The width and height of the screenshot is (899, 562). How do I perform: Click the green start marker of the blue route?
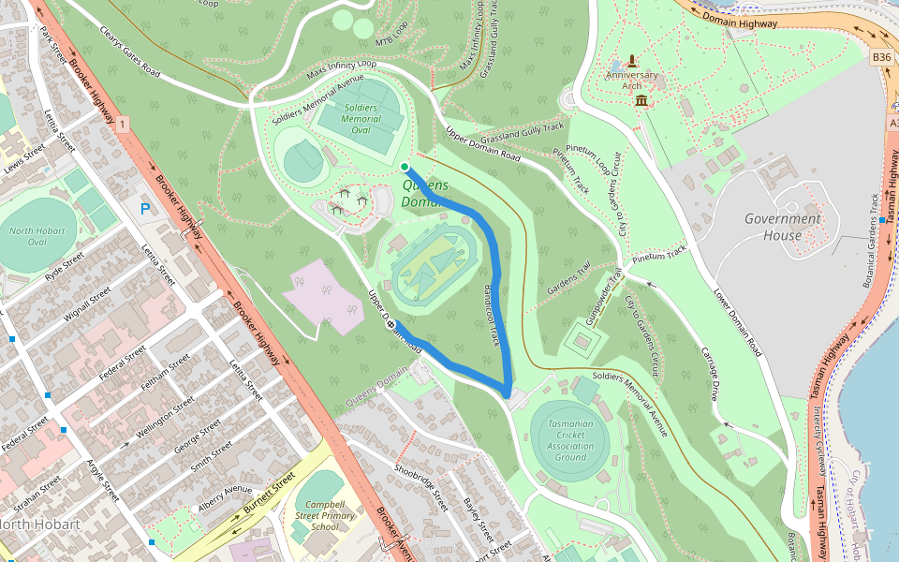click(405, 167)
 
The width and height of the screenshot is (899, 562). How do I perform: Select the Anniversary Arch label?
click(631, 81)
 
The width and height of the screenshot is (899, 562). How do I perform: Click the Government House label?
click(782, 227)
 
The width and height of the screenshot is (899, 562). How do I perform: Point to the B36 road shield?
click(881, 57)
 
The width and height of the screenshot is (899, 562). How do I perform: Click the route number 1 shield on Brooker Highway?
click(122, 123)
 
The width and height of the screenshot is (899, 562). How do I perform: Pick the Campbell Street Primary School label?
click(324, 515)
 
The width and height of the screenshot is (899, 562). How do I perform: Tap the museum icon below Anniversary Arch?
click(641, 100)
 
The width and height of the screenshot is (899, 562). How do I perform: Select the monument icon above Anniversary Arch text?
click(631, 60)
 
